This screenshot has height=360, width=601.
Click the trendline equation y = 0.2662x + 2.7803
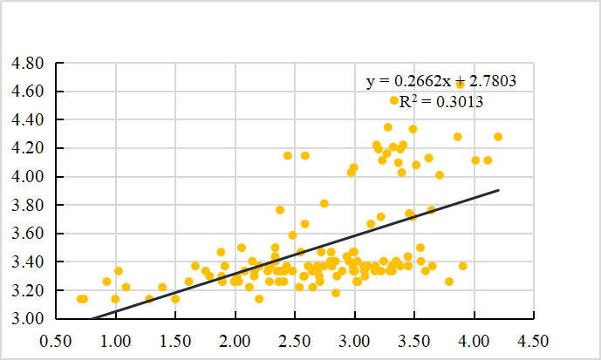point(441,81)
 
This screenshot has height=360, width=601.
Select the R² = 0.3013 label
point(441,101)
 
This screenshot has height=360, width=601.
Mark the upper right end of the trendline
point(498,189)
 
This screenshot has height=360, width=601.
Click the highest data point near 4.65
point(461,85)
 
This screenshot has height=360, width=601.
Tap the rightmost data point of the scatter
point(498,137)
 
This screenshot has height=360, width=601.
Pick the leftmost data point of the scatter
point(80,299)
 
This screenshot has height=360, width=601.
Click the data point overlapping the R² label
point(394,100)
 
